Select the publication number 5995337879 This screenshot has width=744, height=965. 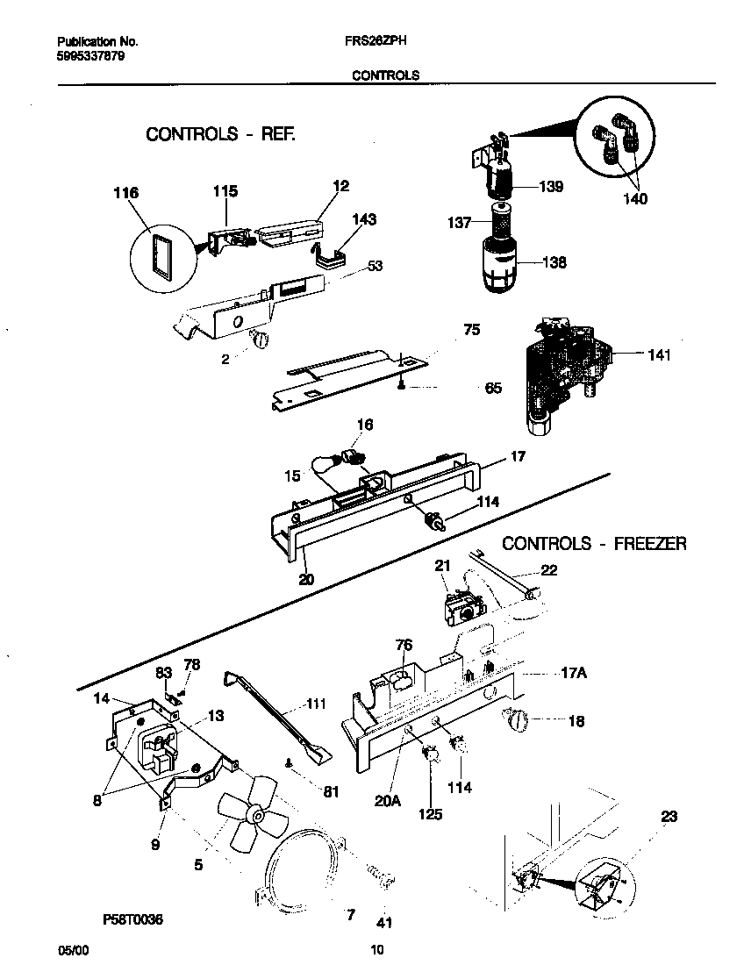pos(89,54)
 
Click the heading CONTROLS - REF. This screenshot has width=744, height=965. pos(220,134)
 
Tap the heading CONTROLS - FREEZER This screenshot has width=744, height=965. pos(594,544)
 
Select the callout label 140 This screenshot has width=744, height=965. pos(634,199)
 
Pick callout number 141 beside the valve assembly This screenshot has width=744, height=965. pos(659,355)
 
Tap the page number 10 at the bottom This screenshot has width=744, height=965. pos(377,949)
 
